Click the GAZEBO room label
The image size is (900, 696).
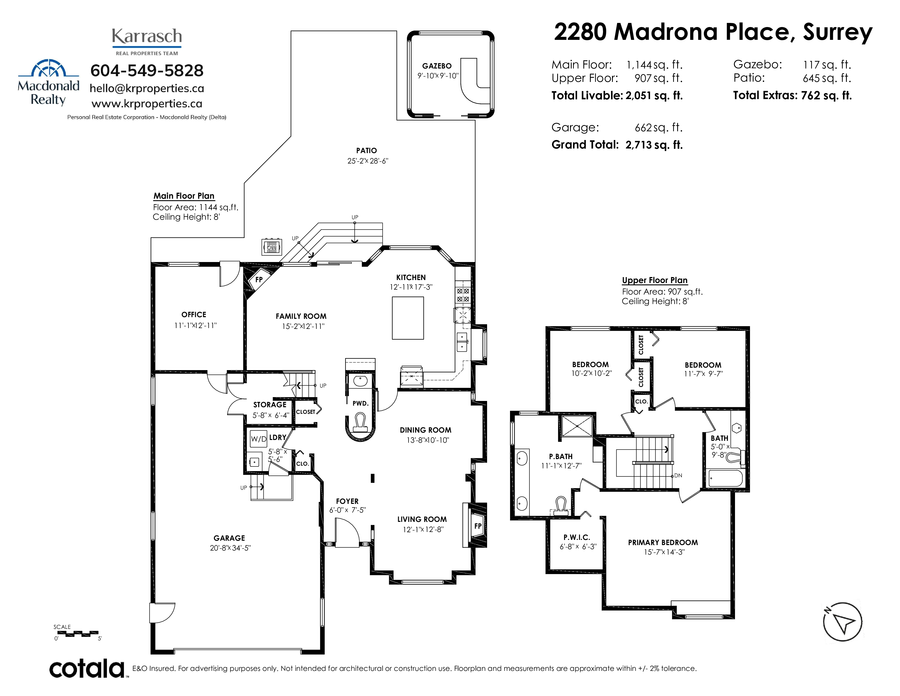pyautogui.click(x=437, y=66)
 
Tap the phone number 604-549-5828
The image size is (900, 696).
pyautogui.click(x=147, y=70)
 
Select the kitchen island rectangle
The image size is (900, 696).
pyautogui.click(x=407, y=318)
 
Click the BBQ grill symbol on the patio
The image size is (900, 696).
pyautogui.click(x=272, y=246)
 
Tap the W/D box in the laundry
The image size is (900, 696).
pyautogui.click(x=258, y=439)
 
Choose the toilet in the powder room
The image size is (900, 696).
pyautogui.click(x=361, y=424)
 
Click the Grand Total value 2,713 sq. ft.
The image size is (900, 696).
pyautogui.click(x=654, y=145)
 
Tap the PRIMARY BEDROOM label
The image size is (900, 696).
pyautogui.click(x=663, y=542)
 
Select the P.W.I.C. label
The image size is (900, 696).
pyautogui.click(x=577, y=537)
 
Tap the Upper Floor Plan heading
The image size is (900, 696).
pyautogui.click(x=655, y=280)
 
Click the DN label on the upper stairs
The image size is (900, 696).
pyautogui.click(x=678, y=475)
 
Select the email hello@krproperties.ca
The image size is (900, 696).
pyautogui.click(x=147, y=88)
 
